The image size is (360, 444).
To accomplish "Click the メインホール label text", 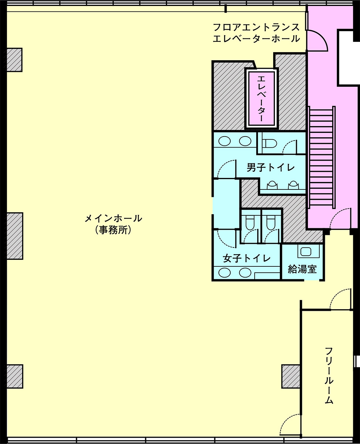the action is (x=113, y=218).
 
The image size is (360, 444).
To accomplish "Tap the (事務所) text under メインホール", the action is (x=113, y=230).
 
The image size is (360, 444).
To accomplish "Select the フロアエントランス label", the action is (x=257, y=27).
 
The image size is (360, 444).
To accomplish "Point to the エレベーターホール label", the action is (x=257, y=38).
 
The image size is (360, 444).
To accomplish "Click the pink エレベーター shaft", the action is (x=262, y=98).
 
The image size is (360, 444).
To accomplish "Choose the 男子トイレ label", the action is (x=271, y=167).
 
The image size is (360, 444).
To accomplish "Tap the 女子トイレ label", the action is (x=247, y=258).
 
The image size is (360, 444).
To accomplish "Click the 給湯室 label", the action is (x=302, y=269).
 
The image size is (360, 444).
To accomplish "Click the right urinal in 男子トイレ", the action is (x=293, y=185).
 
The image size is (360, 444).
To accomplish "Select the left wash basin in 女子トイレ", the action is (x=224, y=273).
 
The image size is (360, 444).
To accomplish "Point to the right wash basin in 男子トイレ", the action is (x=245, y=141).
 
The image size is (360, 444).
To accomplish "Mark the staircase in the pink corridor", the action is (x=322, y=157).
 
